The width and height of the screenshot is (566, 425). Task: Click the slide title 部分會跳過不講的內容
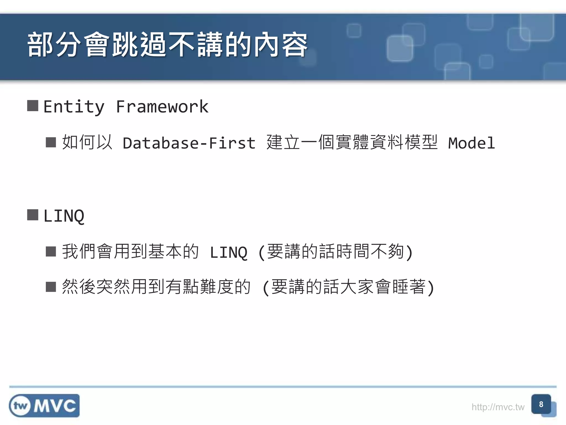click(x=167, y=45)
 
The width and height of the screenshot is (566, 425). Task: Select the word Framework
click(x=162, y=107)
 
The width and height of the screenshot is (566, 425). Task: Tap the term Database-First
click(x=189, y=143)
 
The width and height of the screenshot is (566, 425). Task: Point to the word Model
click(x=471, y=143)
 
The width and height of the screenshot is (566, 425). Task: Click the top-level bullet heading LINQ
click(x=64, y=216)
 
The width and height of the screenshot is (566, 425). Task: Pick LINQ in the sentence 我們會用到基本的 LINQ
click(x=229, y=252)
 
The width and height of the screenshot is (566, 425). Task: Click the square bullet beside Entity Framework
click(x=33, y=106)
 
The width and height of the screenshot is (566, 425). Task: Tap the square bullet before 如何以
click(x=51, y=142)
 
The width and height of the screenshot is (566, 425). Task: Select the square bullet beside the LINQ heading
click(x=33, y=215)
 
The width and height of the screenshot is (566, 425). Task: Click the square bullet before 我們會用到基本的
click(x=51, y=252)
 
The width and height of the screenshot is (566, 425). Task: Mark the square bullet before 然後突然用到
click(x=51, y=287)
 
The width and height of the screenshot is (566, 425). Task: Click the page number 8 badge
click(x=541, y=404)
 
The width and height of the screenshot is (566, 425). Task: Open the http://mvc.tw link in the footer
click(x=498, y=407)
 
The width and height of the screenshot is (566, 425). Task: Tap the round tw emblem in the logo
click(x=20, y=406)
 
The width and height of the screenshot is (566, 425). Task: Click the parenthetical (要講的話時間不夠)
click(x=335, y=252)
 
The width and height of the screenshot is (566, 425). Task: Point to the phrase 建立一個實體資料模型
click(x=352, y=142)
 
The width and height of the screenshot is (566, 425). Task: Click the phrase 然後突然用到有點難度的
click(x=156, y=287)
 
